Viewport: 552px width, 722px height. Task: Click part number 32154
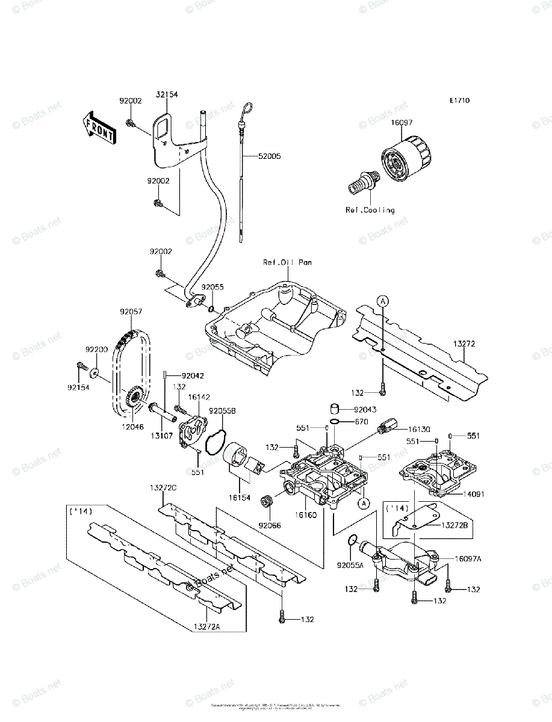167,94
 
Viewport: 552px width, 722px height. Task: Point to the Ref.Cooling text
370,210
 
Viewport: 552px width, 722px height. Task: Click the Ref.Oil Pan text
287,262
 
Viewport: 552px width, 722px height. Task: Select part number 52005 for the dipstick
269,156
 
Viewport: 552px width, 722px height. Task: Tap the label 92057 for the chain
131,312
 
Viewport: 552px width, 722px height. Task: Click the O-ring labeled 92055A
354,540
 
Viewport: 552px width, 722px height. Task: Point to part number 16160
305,516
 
